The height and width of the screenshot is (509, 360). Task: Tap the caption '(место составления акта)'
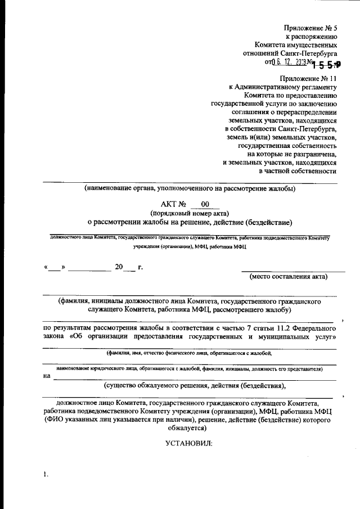click(289, 276)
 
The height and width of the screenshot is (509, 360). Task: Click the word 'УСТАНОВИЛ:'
click(189, 443)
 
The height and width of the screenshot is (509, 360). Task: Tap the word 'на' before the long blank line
click(47, 376)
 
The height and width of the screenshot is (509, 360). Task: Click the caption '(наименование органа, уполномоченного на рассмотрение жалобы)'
click(190, 188)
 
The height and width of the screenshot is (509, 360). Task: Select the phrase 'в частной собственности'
click(298, 171)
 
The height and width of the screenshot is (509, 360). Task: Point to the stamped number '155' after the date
click(327, 64)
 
